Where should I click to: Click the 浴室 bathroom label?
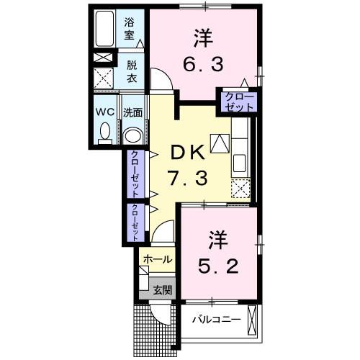point(130,27)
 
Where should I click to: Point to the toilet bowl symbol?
point(105,132)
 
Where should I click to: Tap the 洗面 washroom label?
point(132,112)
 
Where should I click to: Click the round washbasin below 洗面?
point(132,136)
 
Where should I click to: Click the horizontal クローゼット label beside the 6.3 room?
point(238,101)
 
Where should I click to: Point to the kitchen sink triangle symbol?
point(218,143)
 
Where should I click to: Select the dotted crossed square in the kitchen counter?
point(240,189)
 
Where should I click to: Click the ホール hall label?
point(157,259)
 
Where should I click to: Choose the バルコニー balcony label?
point(211,319)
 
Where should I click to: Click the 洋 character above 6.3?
point(202,35)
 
